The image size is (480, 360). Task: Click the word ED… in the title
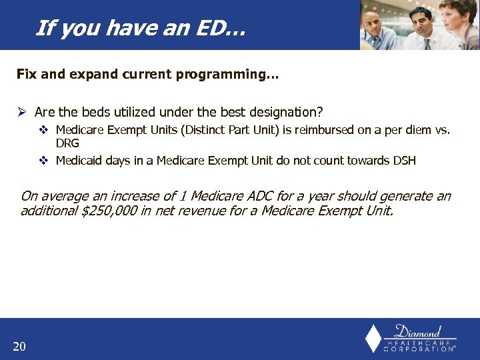226,28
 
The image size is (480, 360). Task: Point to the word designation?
287,112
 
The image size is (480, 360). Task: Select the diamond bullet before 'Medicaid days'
44,160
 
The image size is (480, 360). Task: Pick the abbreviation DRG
67,143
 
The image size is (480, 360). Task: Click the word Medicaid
79,160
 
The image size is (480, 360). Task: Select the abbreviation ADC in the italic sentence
248,196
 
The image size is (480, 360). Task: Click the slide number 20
19,345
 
